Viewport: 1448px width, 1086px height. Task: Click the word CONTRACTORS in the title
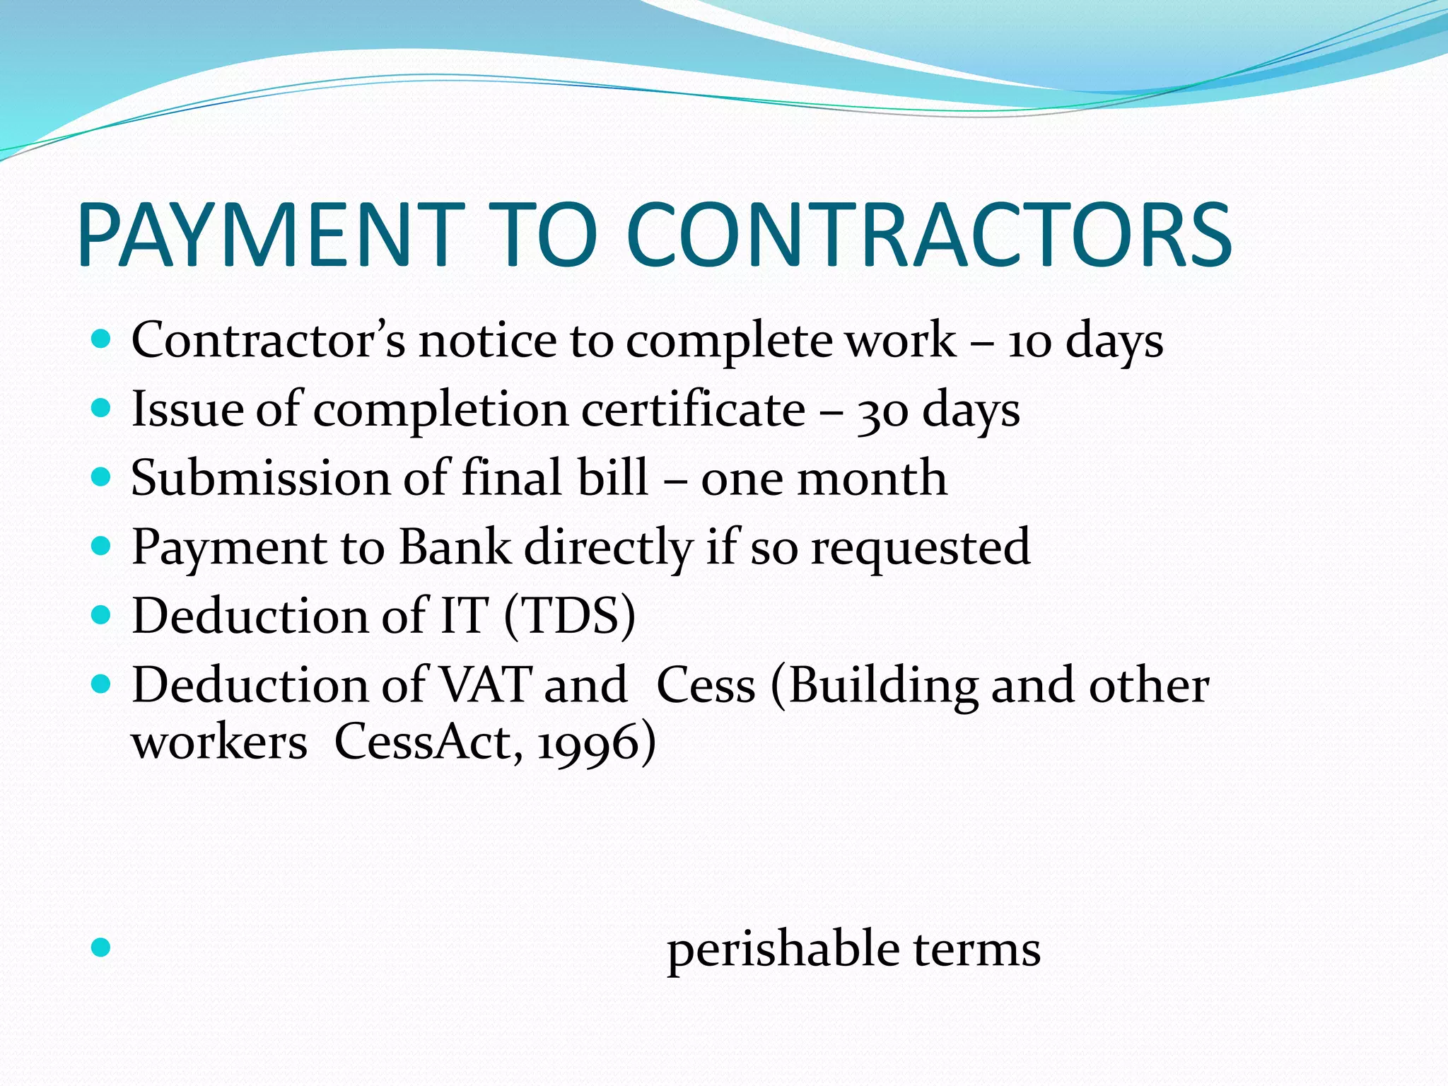928,235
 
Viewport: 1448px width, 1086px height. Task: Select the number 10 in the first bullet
1029,342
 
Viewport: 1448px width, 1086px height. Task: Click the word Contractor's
268,341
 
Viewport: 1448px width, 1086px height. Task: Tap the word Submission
260,478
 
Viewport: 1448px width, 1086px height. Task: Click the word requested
920,549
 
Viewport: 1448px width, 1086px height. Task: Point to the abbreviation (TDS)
570,616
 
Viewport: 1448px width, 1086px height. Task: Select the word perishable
783,950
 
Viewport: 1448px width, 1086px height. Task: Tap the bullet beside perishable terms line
102,947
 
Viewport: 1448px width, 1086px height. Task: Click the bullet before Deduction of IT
102,615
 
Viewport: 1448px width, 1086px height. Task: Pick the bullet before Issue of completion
102,408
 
